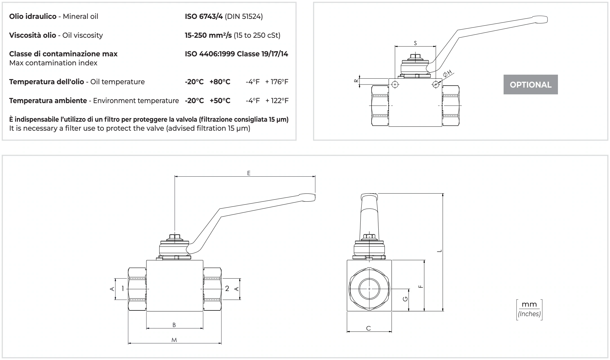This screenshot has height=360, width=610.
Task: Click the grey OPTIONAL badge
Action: (530, 85)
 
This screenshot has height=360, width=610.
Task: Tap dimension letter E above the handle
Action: (249, 173)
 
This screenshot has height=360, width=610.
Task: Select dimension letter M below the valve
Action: (174, 340)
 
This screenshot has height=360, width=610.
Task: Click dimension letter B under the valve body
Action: (174, 325)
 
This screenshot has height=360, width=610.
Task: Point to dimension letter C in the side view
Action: (368, 328)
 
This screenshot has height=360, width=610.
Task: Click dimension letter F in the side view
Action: (421, 287)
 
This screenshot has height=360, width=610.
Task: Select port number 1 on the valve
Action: (123, 288)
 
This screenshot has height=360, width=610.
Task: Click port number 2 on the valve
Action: (227, 288)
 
